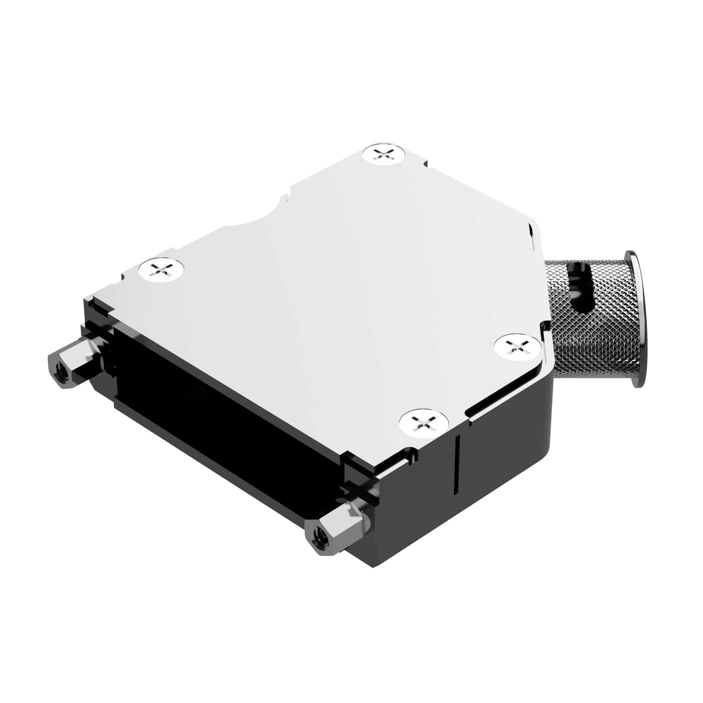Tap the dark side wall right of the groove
coord(506,455)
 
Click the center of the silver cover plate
coord(328,291)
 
